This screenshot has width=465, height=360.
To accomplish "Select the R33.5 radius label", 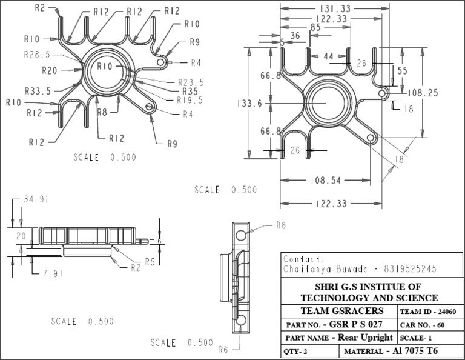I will [x=38, y=91].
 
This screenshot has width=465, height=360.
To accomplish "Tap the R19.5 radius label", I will [x=190, y=100].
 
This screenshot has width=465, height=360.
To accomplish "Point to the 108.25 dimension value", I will [x=423, y=93].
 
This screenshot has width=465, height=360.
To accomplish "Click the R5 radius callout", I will [x=151, y=262].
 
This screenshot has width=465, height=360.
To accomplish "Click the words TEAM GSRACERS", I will [x=338, y=311].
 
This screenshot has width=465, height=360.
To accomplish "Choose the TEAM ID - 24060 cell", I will [x=429, y=312].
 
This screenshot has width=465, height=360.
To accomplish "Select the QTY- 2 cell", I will [x=297, y=351].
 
